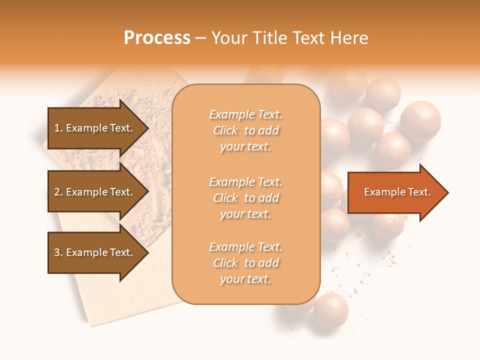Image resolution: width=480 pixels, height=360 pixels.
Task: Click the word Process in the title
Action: [157, 38]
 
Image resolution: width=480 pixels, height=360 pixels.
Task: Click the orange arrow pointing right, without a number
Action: [395, 192]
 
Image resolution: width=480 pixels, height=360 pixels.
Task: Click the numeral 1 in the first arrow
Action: [57, 128]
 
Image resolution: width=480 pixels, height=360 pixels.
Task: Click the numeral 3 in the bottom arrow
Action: [57, 252]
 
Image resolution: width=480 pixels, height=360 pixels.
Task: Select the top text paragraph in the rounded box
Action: [245, 130]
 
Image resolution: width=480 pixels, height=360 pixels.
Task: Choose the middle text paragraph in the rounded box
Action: [245, 198]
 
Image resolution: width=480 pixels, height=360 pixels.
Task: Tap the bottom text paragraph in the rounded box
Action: [245, 263]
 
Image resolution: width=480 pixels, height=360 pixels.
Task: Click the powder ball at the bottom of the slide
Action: [330, 310]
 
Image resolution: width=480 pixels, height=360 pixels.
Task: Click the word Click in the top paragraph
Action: [225, 130]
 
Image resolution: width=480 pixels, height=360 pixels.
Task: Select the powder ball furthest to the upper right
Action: [420, 120]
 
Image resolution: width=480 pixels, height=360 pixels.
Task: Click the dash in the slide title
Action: [200, 38]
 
